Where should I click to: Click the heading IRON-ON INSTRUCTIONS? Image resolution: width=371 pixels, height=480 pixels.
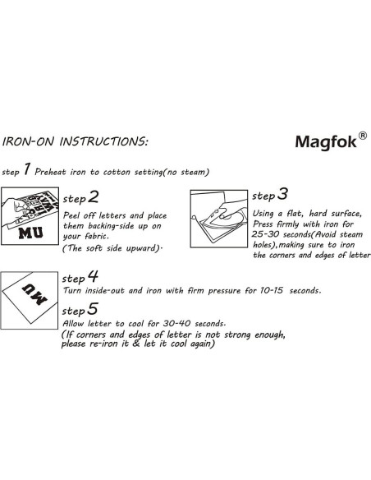(x=76, y=141)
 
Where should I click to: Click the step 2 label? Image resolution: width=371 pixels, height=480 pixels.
(x=82, y=198)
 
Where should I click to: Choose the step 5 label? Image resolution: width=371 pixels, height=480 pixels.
(x=81, y=310)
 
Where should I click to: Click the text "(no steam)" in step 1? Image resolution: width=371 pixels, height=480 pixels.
(x=186, y=172)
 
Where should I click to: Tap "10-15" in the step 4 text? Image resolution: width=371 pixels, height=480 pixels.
(x=260, y=292)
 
